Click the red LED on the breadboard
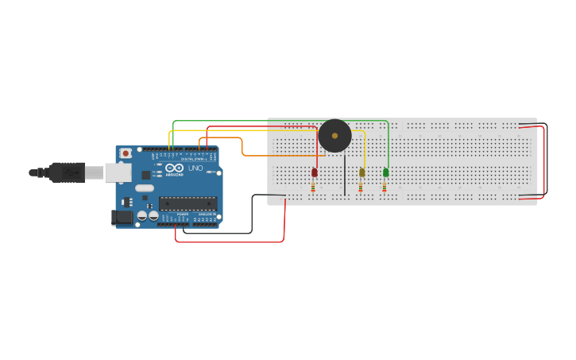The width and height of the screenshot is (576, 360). click(x=315, y=172)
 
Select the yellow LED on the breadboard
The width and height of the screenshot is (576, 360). click(x=362, y=172)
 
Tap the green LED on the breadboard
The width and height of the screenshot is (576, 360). click(x=386, y=172)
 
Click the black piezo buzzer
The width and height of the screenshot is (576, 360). click(x=334, y=136)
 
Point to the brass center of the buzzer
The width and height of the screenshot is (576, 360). click(x=334, y=136)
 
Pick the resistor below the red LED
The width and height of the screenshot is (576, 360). click(x=313, y=186)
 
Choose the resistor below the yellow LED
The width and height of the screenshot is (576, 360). click(x=361, y=186)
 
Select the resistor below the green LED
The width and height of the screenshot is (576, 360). click(x=385, y=186)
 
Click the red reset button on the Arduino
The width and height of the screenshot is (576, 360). click(x=125, y=153)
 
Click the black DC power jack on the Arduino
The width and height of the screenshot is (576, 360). click(x=122, y=216)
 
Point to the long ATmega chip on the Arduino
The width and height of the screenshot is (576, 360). click(x=187, y=203)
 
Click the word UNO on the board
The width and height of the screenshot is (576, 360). click(x=195, y=168)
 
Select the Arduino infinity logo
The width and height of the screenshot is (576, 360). click(x=175, y=168)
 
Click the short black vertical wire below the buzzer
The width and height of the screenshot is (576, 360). click(x=345, y=175)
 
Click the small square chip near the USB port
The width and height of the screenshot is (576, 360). click(x=146, y=175)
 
